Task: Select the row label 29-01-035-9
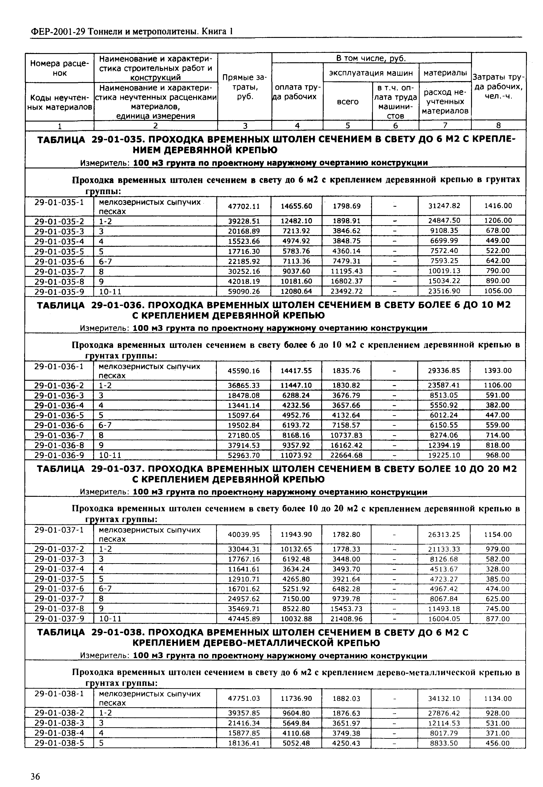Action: pos(59,291)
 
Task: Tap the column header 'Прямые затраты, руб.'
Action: pos(245,87)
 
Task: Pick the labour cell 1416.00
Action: pos(498,206)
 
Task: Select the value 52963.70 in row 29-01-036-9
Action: pos(244,455)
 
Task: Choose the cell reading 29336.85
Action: pos(444,370)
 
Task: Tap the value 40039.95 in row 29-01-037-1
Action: pos(244,535)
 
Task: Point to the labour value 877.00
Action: pos(498,619)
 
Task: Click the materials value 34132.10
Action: pos(444,699)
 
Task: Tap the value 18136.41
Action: pos(244,744)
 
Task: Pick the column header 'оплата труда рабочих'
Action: pos(297,92)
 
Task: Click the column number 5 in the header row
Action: pos(347,125)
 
